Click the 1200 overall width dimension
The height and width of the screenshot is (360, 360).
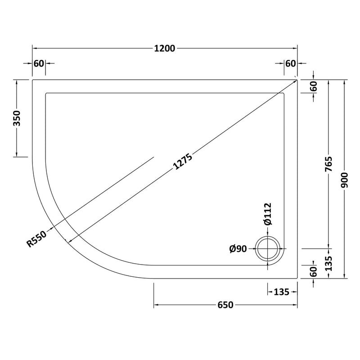point(164,49)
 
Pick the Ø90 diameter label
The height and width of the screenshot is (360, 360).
point(238,248)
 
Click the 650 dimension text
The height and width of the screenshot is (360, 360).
point(225,306)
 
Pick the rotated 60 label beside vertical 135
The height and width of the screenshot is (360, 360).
point(314,271)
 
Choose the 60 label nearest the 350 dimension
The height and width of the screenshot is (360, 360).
point(39,63)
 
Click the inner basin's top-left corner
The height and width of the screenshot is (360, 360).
point(46,93)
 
